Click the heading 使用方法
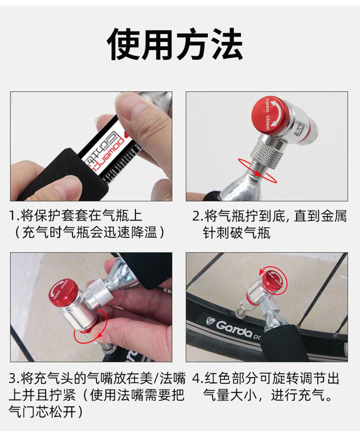[x=175, y=44]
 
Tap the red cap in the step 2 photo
[x=271, y=114]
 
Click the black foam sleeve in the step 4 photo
[x=278, y=343]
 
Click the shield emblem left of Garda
[x=210, y=321]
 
